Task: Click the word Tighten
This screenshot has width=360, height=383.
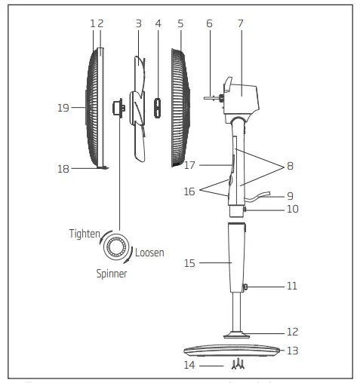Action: pyautogui.click(x=84, y=234)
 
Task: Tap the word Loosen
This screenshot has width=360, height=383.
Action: pyautogui.click(x=149, y=252)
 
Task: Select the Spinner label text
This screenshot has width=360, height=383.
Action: pyautogui.click(x=111, y=274)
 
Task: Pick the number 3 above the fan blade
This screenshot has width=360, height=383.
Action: pyautogui.click(x=138, y=23)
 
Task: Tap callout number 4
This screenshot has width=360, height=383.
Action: pyautogui.click(x=158, y=23)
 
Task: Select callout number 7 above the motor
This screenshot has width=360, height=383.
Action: pyautogui.click(x=241, y=23)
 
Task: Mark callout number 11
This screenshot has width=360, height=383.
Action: pyautogui.click(x=291, y=286)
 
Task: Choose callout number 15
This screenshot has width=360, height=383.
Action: pyautogui.click(x=191, y=263)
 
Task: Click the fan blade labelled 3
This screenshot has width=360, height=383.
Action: pyautogui.click(x=137, y=106)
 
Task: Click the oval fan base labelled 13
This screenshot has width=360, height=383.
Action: pyautogui.click(x=235, y=351)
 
